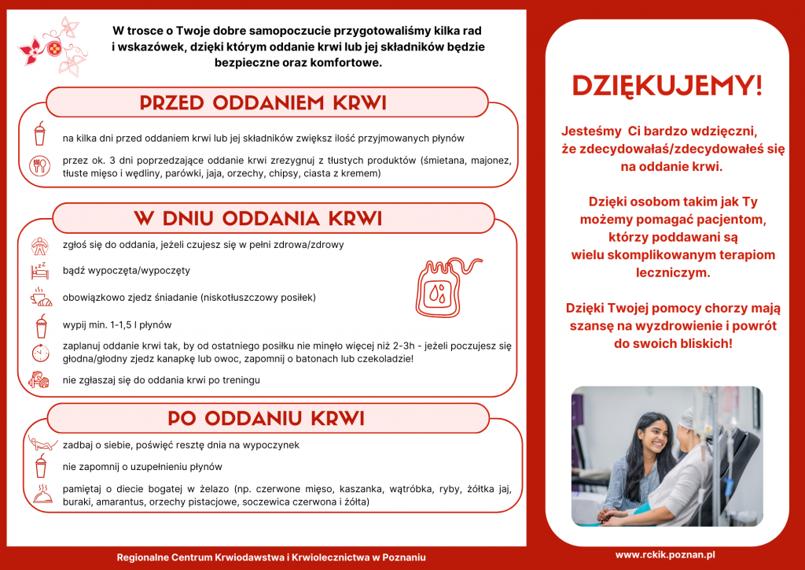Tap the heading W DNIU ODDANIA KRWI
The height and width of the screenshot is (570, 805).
(x=258, y=218)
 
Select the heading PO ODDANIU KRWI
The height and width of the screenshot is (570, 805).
(x=266, y=417)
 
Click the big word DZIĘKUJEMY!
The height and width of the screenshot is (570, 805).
(x=667, y=86)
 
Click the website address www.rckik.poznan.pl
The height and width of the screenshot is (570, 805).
(x=665, y=554)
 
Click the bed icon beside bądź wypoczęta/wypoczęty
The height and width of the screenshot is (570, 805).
(x=39, y=271)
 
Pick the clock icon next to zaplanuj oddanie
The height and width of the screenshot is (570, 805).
(x=39, y=353)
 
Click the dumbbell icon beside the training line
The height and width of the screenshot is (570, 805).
(x=39, y=379)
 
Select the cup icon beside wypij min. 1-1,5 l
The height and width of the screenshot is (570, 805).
(x=40, y=324)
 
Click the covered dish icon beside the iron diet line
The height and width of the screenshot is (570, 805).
(x=40, y=494)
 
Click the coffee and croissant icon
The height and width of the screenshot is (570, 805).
(x=40, y=297)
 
